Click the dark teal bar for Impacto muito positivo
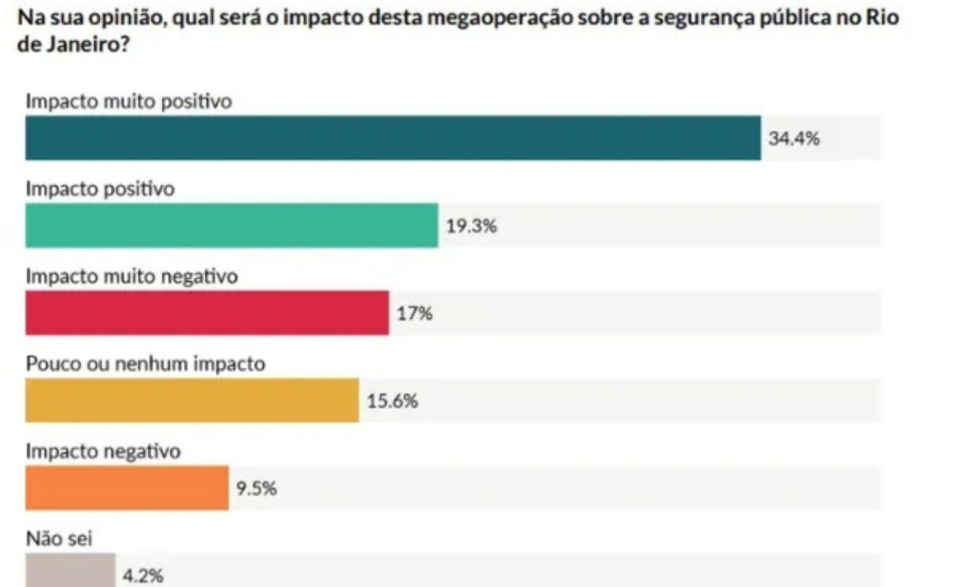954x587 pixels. (393, 138)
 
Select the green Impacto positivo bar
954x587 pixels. (231, 225)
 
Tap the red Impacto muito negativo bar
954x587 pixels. (207, 313)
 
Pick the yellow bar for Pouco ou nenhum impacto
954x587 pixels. (192, 401)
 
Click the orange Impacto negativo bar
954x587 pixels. (127, 488)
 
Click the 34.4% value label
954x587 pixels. (794, 138)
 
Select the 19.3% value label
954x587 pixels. (472, 226)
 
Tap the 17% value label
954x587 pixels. (415, 314)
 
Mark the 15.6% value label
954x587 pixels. (393, 401)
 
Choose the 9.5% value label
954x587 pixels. (256, 489)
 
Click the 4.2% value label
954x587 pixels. (143, 576)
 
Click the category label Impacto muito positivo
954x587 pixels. (129, 101)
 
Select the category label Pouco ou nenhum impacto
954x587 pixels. (145, 364)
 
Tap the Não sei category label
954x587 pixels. (59, 539)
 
